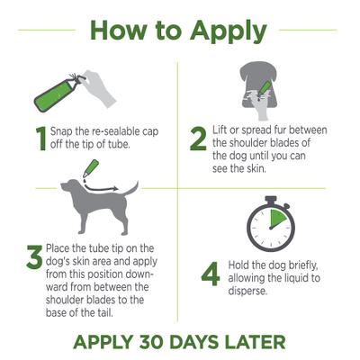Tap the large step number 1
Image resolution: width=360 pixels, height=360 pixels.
tap(40, 138)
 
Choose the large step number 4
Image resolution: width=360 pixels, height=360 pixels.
tap(210, 272)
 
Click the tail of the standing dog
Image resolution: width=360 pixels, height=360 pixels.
tap(131, 190)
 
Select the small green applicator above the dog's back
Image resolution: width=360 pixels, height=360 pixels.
tap(92, 167)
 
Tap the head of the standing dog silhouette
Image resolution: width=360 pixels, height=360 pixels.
tap(65, 191)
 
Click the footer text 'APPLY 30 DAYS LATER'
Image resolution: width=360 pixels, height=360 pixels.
tap(179, 342)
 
